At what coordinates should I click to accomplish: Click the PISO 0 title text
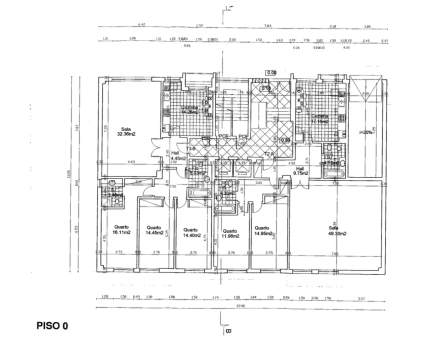click(x=52, y=325)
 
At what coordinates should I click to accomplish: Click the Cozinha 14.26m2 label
click(x=189, y=109)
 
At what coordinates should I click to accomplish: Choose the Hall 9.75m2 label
click(x=300, y=171)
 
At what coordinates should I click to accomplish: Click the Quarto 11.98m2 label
click(x=229, y=233)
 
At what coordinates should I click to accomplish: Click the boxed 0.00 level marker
click(x=271, y=72)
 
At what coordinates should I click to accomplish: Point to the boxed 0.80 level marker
click(x=285, y=140)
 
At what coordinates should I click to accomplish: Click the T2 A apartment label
click(x=269, y=153)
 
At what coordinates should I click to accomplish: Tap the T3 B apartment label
click(x=190, y=149)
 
